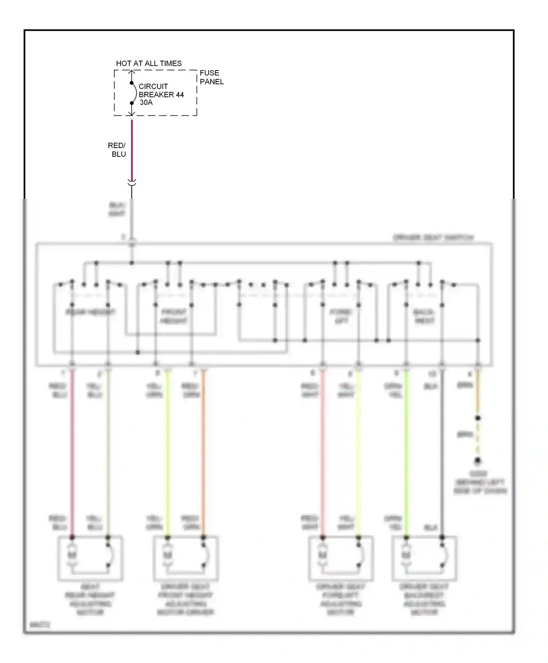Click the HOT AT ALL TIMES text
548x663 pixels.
149,64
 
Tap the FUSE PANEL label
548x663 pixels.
212,77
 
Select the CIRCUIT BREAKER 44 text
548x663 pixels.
161,91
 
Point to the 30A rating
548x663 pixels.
146,103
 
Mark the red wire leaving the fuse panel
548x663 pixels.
132,150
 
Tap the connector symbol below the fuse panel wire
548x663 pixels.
132,182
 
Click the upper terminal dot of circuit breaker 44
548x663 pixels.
132,83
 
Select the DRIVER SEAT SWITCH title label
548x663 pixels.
433,238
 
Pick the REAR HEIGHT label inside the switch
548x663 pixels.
90,312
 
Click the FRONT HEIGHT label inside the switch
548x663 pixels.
174,317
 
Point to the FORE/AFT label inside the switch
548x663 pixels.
341,317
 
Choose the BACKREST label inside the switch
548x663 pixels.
424,317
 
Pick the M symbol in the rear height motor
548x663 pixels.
72,555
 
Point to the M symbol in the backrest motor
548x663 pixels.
406,555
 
